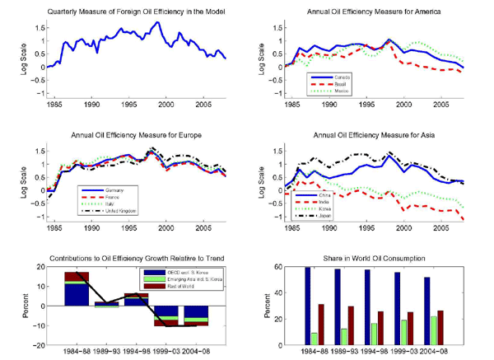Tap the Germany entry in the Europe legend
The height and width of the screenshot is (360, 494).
[121, 190]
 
